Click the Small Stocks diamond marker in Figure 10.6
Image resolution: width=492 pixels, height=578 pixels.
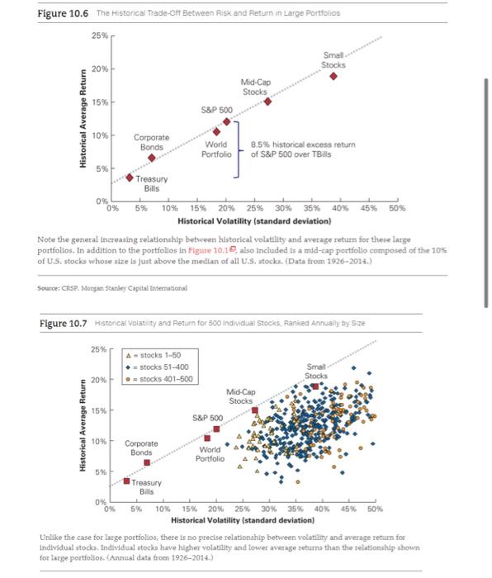[334, 76]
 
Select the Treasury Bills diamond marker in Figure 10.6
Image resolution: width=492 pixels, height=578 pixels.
[130, 177]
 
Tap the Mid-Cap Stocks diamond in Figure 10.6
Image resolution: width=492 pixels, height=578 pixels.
[267, 102]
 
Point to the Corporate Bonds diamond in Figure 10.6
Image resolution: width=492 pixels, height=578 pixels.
[152, 157]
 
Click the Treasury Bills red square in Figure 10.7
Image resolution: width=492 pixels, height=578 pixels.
[126, 481]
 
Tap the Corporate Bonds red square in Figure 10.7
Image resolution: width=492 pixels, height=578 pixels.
[147, 462]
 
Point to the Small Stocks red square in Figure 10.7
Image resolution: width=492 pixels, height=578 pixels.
[315, 386]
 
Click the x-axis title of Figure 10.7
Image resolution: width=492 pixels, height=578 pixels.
[243, 521]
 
